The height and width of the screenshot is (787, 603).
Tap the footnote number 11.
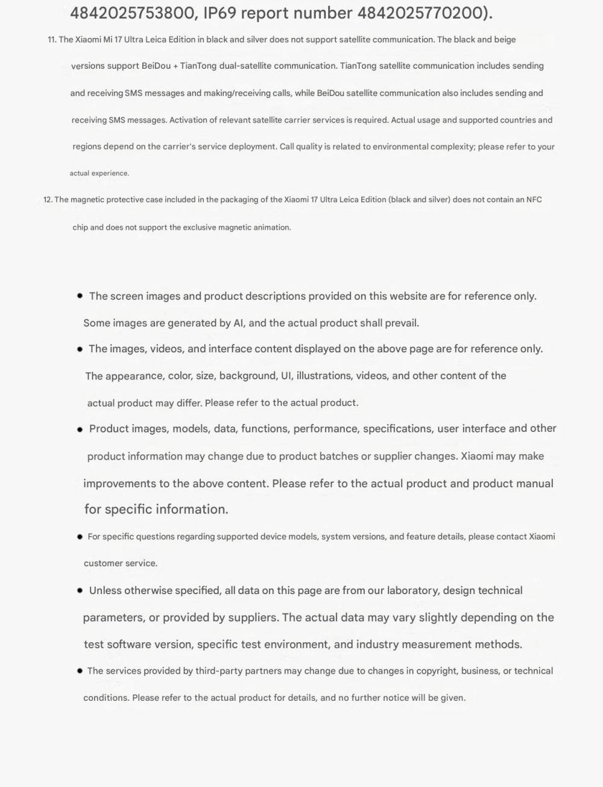coord(51,40)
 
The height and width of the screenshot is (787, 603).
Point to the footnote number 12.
coord(48,200)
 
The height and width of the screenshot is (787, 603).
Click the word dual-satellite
coord(241,66)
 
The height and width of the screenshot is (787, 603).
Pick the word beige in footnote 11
coord(505,40)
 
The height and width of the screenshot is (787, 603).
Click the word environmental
coord(394,147)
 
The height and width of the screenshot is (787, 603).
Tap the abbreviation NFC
coord(534,200)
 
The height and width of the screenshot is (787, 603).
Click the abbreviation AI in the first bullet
coord(239,323)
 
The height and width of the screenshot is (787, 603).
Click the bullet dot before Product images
coord(80,429)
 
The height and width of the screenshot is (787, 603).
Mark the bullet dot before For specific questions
coord(80,537)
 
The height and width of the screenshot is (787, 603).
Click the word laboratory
coord(411,590)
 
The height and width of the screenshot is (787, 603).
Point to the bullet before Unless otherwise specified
coord(80,590)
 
